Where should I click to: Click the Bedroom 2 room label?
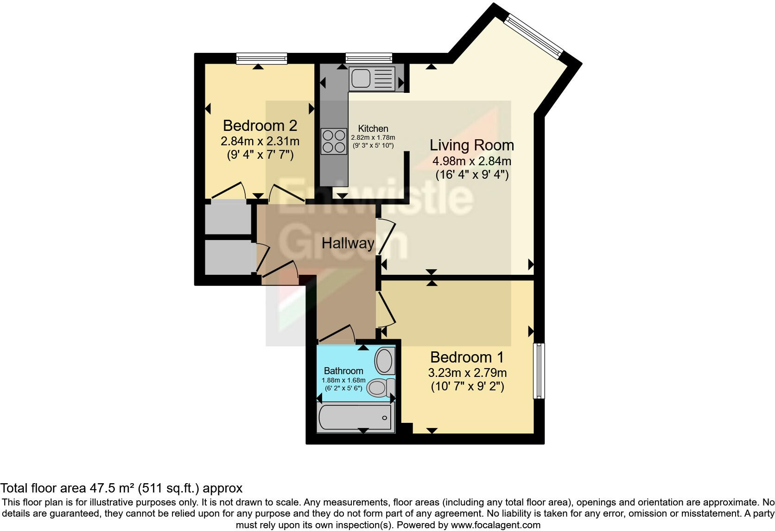tap(260, 125)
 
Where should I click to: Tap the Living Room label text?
tap(471, 145)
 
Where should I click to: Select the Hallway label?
tap(348, 243)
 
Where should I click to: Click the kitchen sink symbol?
tap(372, 78)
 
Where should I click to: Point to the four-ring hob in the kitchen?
tap(334, 141)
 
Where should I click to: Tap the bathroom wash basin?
tap(384, 361)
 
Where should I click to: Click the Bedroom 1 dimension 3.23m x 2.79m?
tap(467, 373)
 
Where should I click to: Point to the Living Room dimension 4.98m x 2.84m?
tap(471, 161)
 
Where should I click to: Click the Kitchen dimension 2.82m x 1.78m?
tap(373, 137)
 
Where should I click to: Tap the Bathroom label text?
tap(343, 370)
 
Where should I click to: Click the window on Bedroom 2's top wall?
tap(261, 58)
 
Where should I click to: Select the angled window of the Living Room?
tap(534, 35)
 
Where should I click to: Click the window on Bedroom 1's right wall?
tap(539, 370)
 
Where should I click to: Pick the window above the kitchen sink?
tap(369, 58)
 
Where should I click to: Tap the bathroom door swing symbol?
tap(337, 333)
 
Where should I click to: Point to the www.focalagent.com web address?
tap(495, 525)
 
